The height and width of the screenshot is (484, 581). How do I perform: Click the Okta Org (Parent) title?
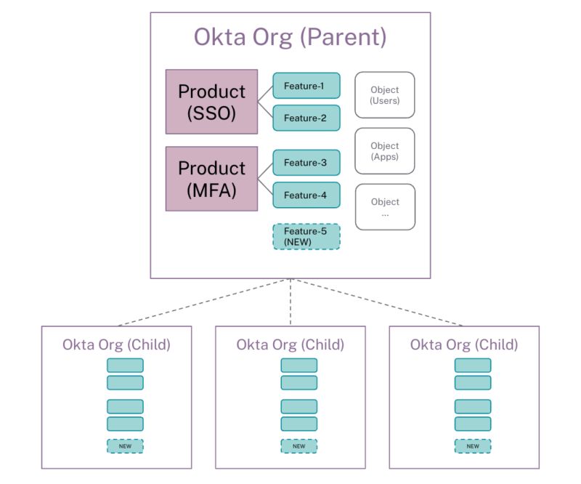click(290, 36)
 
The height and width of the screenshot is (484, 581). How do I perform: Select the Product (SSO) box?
click(211, 102)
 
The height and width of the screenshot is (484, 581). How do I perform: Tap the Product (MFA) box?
click(211, 179)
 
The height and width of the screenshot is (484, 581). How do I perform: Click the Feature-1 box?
click(306, 86)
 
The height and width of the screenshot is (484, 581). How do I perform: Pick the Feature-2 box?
click(306, 118)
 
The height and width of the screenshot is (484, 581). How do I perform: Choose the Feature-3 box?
click(306, 163)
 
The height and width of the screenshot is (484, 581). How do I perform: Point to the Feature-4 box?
click(306, 195)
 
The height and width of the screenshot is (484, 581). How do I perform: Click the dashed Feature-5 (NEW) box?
click(306, 236)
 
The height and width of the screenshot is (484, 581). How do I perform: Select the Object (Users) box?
click(384, 95)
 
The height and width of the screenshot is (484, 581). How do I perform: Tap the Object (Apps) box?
click(384, 151)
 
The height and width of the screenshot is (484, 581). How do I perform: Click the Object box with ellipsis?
click(384, 207)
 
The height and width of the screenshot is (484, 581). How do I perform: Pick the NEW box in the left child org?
click(125, 446)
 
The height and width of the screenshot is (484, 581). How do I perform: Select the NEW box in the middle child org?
click(298, 446)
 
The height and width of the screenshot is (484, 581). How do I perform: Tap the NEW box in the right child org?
click(473, 446)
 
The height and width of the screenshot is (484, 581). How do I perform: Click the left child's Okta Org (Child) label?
click(116, 344)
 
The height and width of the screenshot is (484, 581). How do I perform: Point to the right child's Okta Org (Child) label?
click(464, 344)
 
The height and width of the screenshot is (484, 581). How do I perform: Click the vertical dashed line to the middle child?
click(290, 302)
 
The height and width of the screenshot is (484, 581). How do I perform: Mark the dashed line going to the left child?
click(203, 302)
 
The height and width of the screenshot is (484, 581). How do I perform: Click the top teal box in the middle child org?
click(298, 365)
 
